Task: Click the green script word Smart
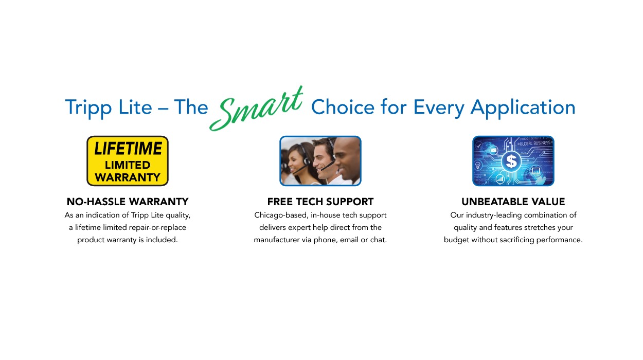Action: pos(256,109)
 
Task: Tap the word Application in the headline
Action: pos(523,108)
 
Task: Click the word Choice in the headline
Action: pos(343,107)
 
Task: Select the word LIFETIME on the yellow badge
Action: pos(128,149)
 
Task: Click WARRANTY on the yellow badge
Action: pos(128,177)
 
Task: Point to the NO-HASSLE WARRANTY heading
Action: pos(128,202)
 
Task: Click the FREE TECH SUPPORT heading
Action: pos(320,202)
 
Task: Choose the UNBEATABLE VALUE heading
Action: pos(513,202)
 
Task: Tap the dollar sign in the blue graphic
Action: pos(511,161)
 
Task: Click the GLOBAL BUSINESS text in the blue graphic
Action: pos(534,143)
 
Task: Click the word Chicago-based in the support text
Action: pos(281,215)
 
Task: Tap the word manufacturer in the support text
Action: pos(276,240)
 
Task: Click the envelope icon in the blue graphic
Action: pos(493,150)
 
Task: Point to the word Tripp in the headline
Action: pos(88,108)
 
